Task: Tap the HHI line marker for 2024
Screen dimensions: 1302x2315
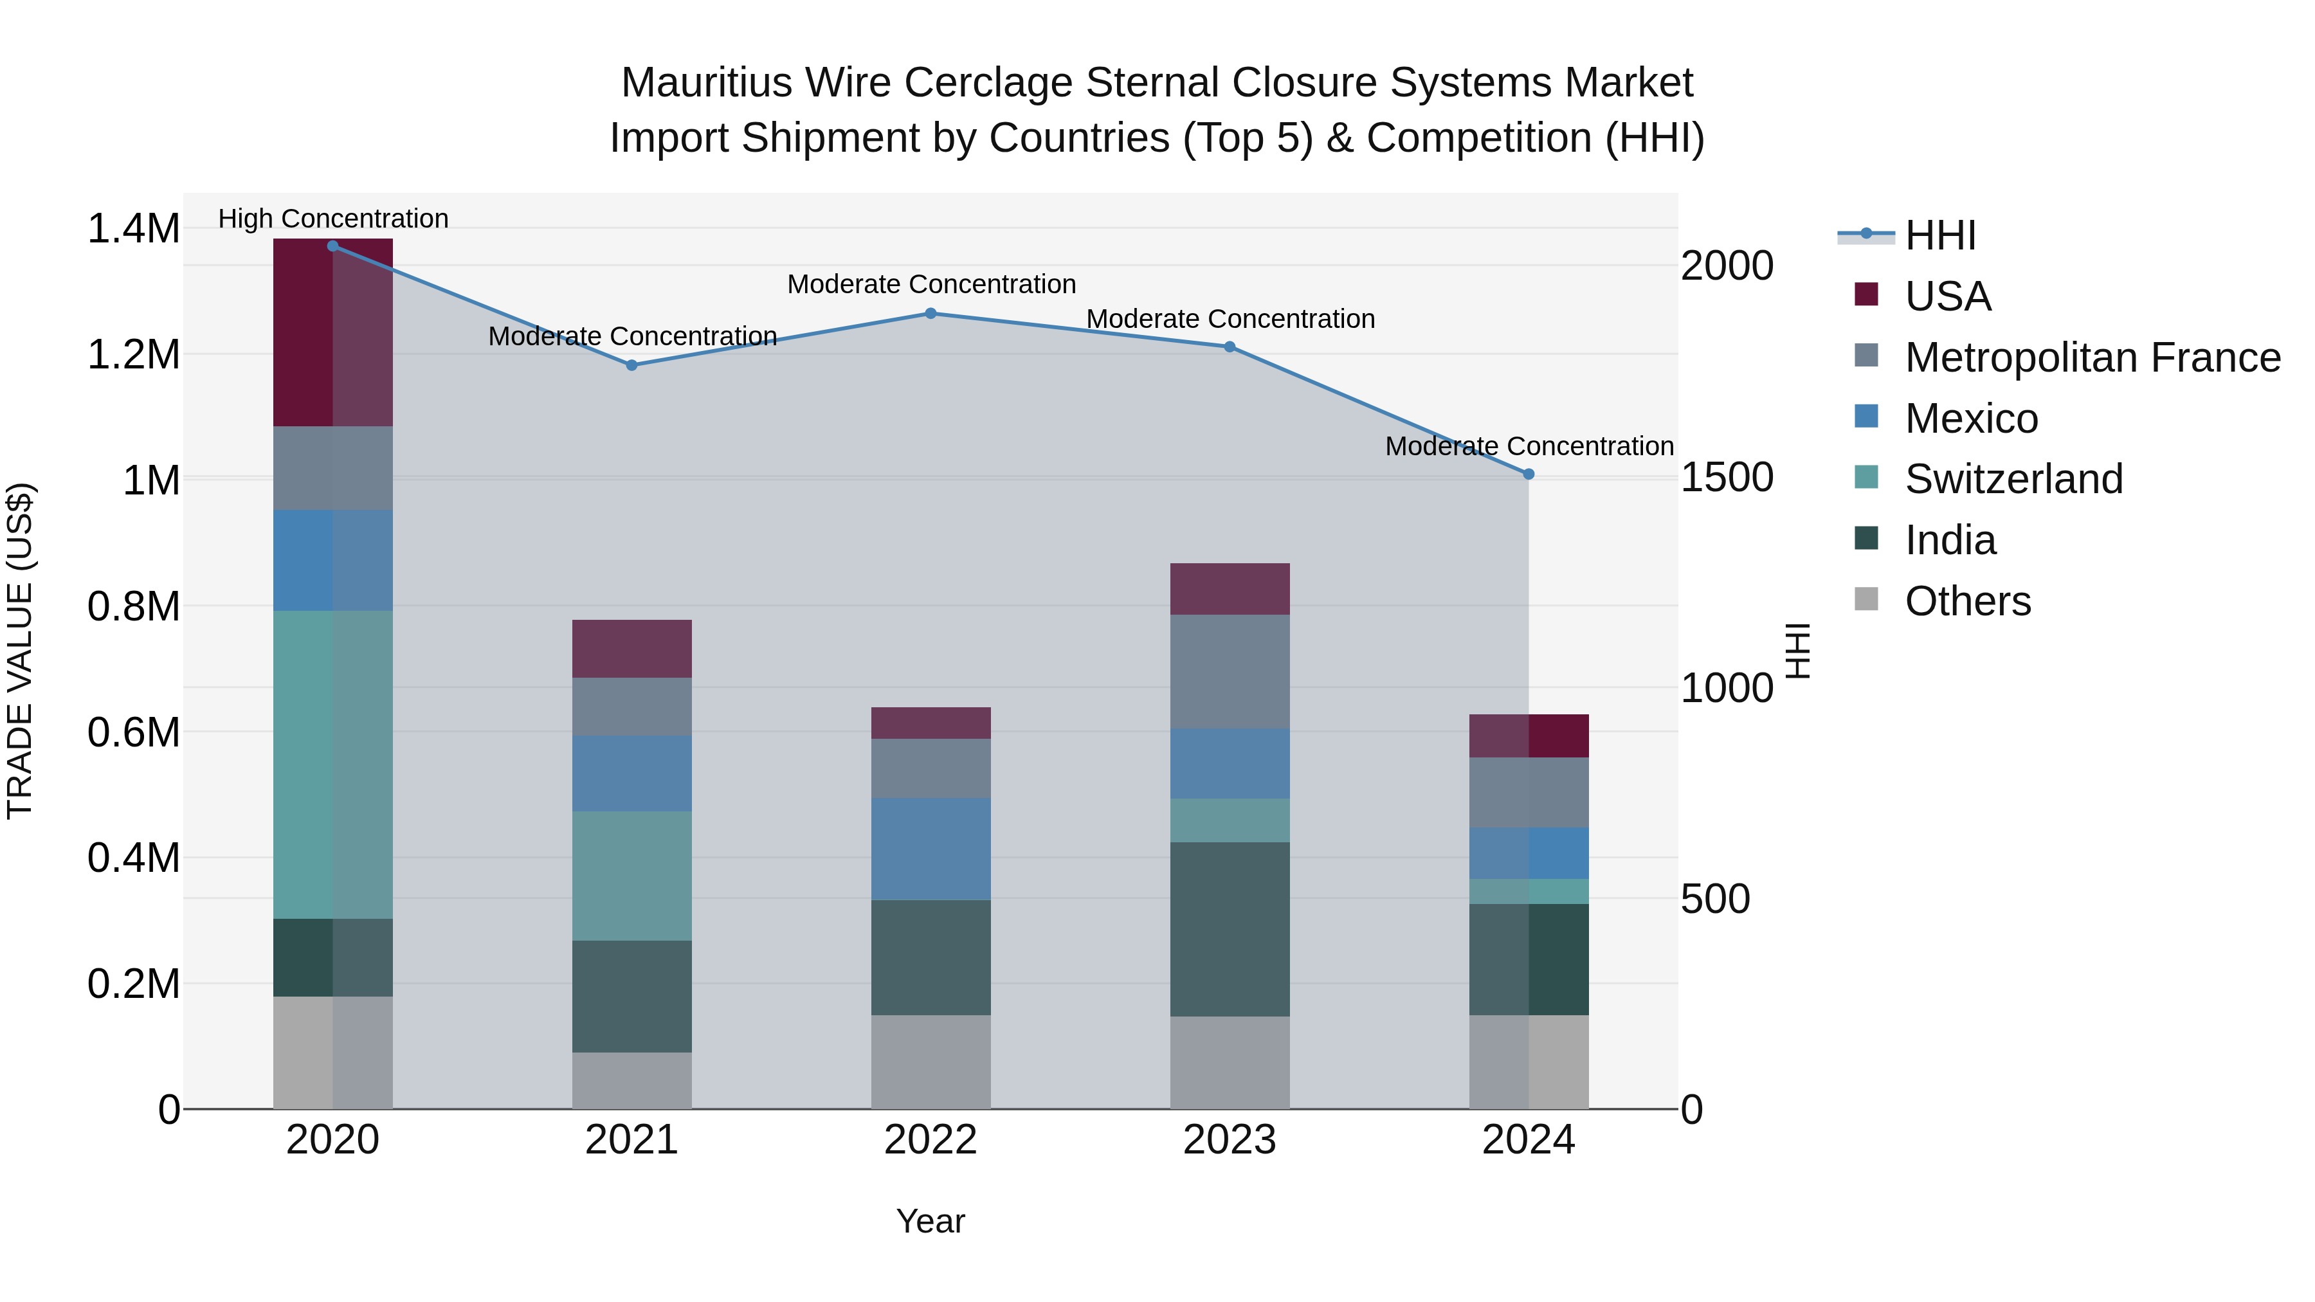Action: (1529, 473)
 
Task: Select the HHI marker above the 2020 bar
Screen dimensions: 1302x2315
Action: (332, 246)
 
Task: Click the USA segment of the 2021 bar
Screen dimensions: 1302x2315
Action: (631, 648)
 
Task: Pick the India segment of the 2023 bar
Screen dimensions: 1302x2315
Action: (1230, 928)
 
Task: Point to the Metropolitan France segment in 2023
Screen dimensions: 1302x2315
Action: (1230, 671)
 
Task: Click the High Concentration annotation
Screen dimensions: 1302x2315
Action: (332, 219)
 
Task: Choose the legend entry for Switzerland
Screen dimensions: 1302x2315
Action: (2013, 479)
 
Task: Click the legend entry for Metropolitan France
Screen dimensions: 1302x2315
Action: (2092, 357)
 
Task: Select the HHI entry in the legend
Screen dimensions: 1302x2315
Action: (1939, 235)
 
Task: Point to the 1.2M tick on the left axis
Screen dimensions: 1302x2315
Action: (133, 355)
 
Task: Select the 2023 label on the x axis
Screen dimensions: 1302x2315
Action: (1230, 1140)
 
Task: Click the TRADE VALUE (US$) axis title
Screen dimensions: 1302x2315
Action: (20, 651)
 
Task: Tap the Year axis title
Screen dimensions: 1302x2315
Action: (930, 1221)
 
